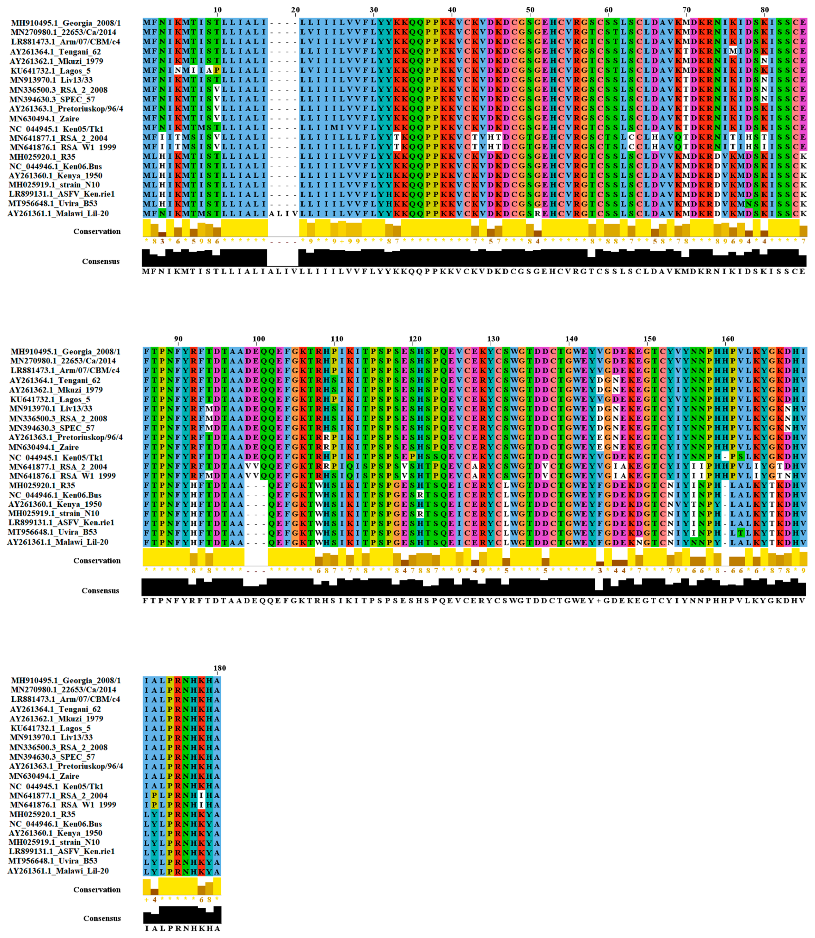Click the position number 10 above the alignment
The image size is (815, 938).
217,10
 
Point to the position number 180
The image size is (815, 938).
220,668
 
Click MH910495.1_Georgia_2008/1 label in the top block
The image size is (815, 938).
66,23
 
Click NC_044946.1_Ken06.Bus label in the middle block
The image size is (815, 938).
55,495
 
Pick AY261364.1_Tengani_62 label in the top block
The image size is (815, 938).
55,51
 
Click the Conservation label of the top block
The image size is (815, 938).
97,231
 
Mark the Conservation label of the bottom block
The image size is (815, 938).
97,889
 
